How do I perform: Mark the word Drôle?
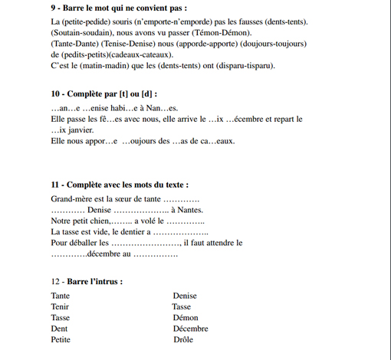click(183, 339)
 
